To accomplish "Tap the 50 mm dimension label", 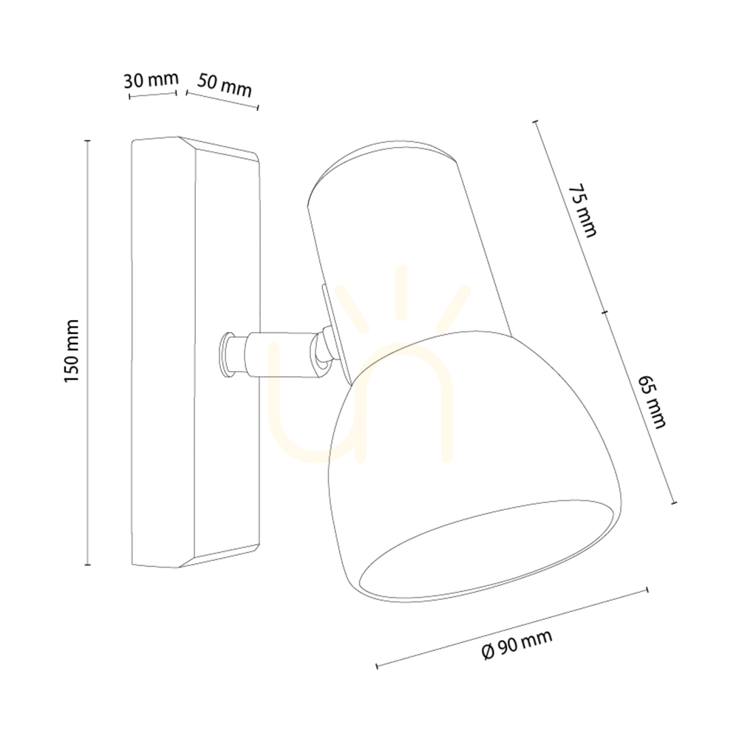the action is coord(225,85).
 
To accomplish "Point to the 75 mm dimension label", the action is coord(582,210).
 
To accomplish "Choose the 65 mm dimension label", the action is coord(652,401).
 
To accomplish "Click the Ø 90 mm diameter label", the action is coord(517,644).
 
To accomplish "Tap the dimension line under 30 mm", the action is coord(152,95).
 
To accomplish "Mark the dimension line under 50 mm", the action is coord(222,100).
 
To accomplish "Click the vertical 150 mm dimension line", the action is coord(87,353).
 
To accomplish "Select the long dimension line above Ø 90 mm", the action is coord(512,627).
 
